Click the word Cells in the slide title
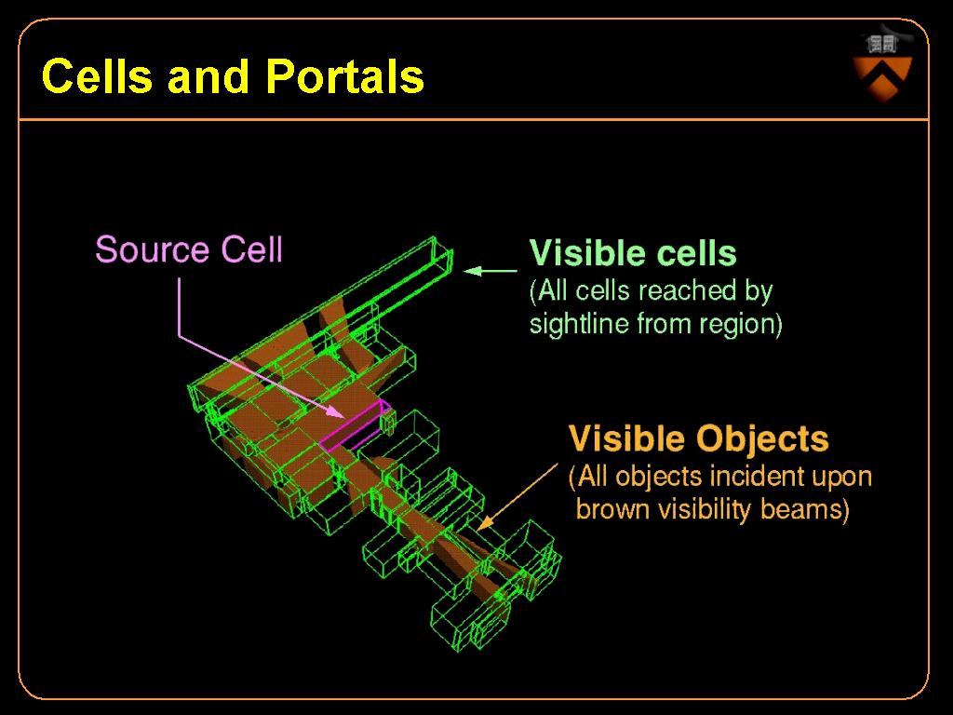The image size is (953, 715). click(97, 76)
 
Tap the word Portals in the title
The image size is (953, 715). click(344, 76)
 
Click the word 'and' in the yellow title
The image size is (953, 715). click(208, 76)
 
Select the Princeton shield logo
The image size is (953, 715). click(883, 67)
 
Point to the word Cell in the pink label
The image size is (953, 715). click(251, 250)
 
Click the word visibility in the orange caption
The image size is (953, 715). click(705, 509)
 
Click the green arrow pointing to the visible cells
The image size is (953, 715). click(490, 271)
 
